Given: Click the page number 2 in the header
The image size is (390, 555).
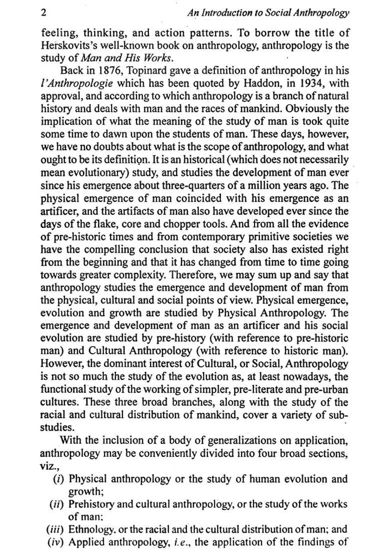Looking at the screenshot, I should [x=43, y=13].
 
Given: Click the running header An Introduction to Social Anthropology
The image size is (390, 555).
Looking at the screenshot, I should [x=268, y=13].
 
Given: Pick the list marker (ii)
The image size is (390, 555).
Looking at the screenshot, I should [x=57, y=504].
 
